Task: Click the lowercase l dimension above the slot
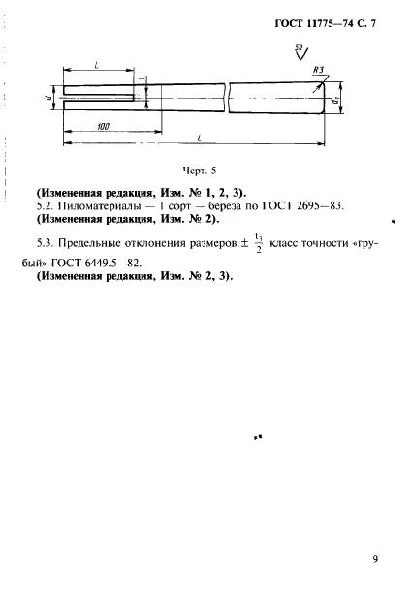coord(100,64)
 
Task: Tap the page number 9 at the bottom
coord(374,558)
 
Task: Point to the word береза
coord(238,206)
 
